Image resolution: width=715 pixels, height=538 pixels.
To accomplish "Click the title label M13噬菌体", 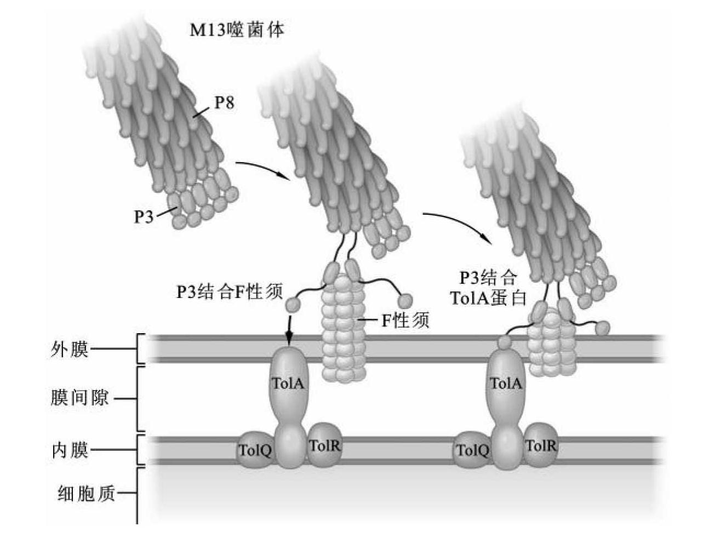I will pyautogui.click(x=237, y=30).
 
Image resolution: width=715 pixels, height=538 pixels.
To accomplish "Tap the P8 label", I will pyautogui.click(x=224, y=102).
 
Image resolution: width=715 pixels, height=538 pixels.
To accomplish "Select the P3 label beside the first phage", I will pyautogui.click(x=144, y=216).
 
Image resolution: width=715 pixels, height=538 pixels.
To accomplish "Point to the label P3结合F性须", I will pyautogui.click(x=229, y=291).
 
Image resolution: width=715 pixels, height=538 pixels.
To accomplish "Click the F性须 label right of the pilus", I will pyautogui.click(x=405, y=320).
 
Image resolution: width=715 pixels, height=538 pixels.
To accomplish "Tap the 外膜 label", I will pyautogui.click(x=70, y=349).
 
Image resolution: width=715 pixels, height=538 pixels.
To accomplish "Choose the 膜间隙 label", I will pyautogui.click(x=79, y=398).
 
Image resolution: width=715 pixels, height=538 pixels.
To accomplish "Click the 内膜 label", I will pyautogui.click(x=70, y=450).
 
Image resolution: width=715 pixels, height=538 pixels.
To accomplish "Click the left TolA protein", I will pyautogui.click(x=289, y=384).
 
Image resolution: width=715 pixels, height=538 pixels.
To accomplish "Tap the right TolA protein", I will pyautogui.click(x=506, y=384).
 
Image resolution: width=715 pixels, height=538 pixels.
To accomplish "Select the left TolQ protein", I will pyautogui.click(x=255, y=451).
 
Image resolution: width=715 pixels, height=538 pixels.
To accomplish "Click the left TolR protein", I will pyautogui.click(x=325, y=445).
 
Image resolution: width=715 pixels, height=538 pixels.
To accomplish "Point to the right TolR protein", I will pyautogui.click(x=541, y=445).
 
